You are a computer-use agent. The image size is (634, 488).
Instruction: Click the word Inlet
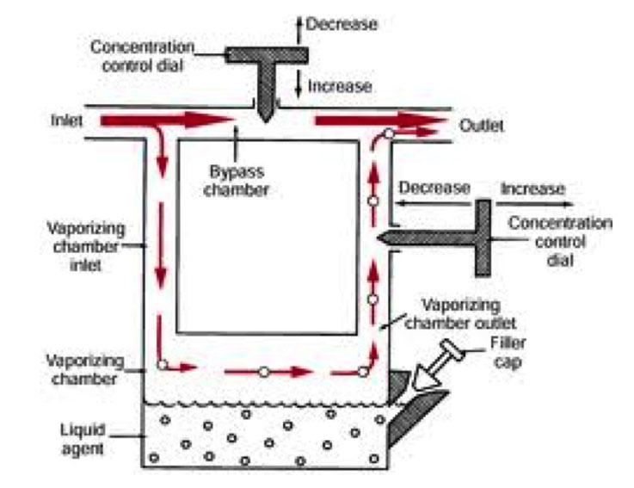[65, 121]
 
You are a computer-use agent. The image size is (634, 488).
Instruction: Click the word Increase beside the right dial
[532, 188]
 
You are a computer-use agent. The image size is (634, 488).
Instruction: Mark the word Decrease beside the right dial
[434, 188]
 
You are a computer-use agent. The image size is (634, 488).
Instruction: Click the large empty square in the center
[267, 237]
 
